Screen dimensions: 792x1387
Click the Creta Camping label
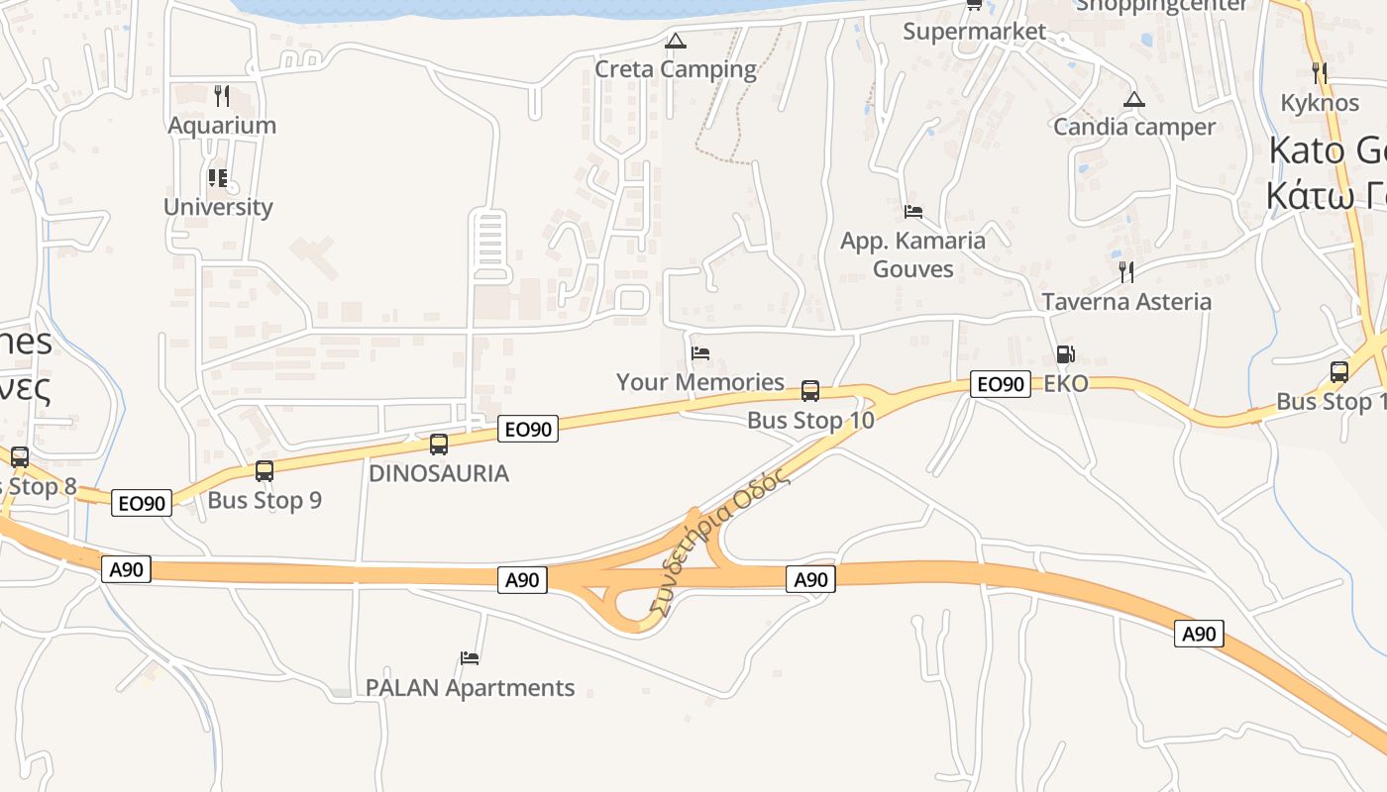(x=675, y=69)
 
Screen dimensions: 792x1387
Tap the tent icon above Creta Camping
(x=676, y=41)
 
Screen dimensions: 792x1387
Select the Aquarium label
(x=222, y=126)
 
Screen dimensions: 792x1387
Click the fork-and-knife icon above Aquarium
(x=222, y=96)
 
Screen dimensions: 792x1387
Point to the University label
(x=218, y=207)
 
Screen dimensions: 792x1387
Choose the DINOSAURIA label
(x=439, y=473)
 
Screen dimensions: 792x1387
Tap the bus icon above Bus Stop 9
(x=264, y=471)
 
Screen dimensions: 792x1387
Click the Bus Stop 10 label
(x=810, y=420)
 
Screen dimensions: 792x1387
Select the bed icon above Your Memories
(x=699, y=353)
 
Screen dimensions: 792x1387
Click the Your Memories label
(x=699, y=382)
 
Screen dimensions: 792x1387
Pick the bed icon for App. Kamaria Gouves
(x=913, y=212)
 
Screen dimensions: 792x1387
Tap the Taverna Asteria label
(x=1126, y=302)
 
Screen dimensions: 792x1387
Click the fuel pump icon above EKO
(x=1065, y=354)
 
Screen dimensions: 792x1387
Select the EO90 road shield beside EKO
(x=1001, y=384)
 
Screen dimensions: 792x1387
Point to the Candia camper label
(x=1134, y=127)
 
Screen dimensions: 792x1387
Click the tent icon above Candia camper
(x=1133, y=99)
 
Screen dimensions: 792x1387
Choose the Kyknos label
(x=1320, y=103)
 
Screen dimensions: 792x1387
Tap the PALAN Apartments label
(x=470, y=688)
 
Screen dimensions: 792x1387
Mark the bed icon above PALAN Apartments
(x=470, y=658)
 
